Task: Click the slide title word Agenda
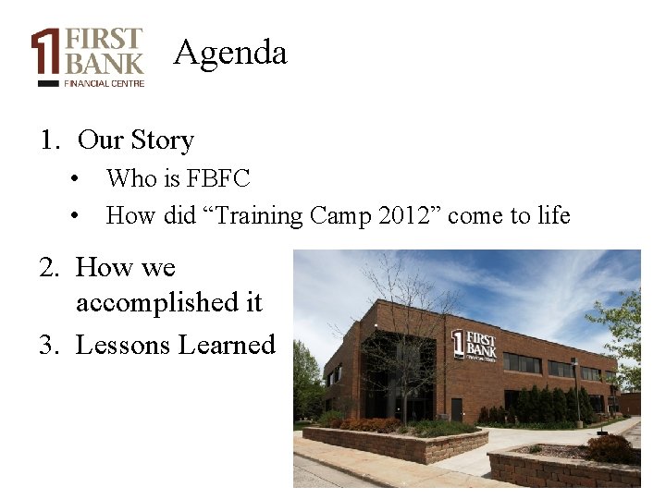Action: coord(230,52)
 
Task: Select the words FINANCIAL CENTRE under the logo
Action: coord(104,83)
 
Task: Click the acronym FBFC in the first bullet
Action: coord(219,178)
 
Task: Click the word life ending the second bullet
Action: coord(553,216)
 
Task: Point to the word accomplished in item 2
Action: coord(169,302)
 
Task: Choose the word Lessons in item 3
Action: coord(123,346)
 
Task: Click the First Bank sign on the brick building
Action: coord(474,343)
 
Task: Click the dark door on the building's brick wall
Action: coord(456,408)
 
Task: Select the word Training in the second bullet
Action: coord(260,216)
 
